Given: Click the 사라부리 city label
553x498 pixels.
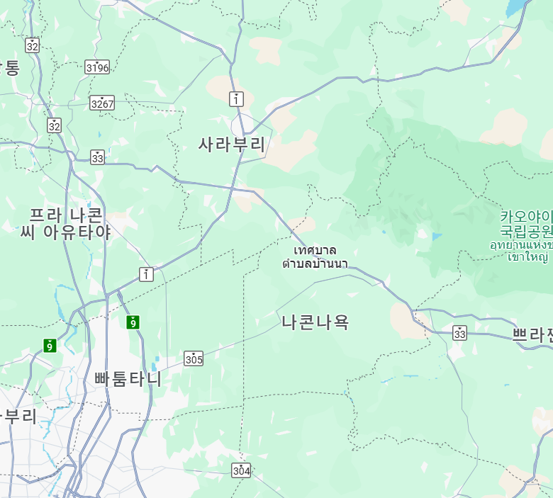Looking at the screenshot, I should [232, 145].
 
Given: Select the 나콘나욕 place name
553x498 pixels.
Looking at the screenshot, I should [315, 322].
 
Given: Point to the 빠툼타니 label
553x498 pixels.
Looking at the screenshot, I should [128, 379].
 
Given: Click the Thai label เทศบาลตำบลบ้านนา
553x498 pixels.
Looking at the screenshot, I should [315, 257].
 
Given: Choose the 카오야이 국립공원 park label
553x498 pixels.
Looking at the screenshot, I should [526, 223].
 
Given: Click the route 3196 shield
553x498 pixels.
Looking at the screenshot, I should [97, 67].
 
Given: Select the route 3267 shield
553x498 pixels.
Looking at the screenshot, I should [102, 103].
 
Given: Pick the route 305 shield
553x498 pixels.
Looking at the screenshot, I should [194, 358].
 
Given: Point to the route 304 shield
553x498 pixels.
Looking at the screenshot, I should [241, 470].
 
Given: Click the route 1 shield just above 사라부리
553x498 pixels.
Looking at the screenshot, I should [235, 98].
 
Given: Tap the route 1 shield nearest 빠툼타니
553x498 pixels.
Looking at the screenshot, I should [146, 273].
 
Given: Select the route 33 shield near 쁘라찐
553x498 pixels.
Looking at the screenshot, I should [460, 332].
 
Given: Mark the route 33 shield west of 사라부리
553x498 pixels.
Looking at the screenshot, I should [98, 157].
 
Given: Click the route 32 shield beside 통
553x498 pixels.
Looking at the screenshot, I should [32, 45].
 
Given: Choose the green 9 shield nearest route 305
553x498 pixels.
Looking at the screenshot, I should [133, 322].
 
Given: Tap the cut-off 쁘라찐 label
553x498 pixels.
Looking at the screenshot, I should [532, 335].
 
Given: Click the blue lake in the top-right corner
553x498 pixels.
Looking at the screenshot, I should [518, 8].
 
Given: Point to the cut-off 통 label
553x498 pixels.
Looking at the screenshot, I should [10, 68].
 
